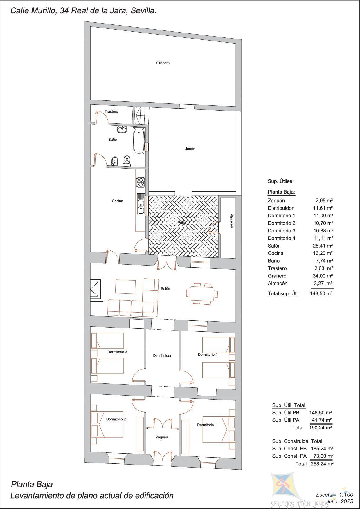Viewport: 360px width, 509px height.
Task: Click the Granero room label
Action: coord(163,63)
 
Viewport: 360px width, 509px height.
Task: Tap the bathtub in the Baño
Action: coord(139,141)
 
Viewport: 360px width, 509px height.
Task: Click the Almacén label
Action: coord(231,221)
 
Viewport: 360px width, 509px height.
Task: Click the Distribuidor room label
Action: coord(162,355)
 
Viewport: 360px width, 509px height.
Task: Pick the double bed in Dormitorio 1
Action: coord(219,429)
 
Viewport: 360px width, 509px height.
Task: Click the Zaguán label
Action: coord(162,437)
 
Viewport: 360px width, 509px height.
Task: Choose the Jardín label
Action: coord(190,149)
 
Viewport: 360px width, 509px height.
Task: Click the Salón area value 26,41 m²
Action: coord(321,246)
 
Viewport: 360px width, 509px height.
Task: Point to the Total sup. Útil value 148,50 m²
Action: coord(321,293)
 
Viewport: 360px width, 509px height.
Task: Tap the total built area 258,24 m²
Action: coord(321,464)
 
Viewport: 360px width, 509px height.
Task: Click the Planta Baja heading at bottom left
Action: coord(32,484)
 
